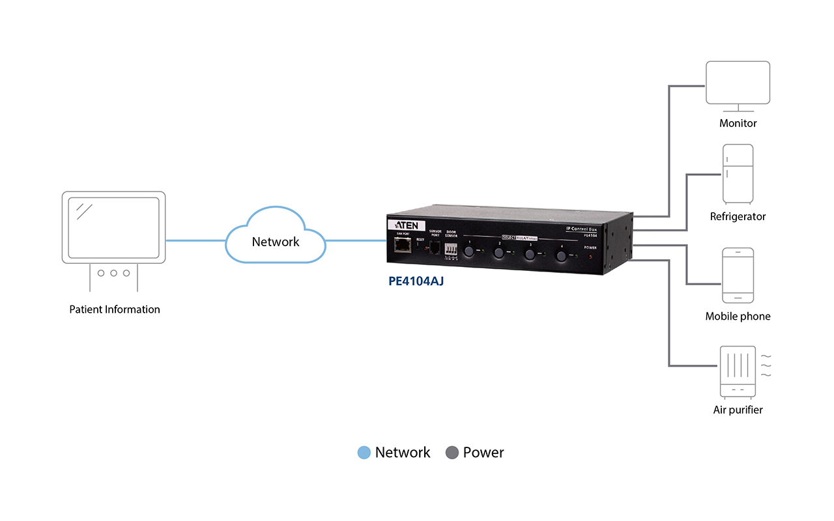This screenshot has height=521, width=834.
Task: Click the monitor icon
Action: pos(738,85)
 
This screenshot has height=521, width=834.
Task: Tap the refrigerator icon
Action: pos(738,173)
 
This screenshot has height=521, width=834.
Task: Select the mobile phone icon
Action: pos(738,275)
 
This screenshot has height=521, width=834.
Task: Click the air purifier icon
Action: pos(738,371)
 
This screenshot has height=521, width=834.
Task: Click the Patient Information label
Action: pos(115,309)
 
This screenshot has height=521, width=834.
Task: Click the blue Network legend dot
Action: pos(364,453)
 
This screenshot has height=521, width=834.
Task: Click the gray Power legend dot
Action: pos(452,453)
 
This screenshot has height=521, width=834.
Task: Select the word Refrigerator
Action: pos(738,216)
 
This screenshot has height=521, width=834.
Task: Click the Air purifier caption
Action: pos(738,410)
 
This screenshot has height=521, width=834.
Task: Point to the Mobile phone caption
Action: pos(738,317)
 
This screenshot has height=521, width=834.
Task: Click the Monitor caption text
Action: pos(738,123)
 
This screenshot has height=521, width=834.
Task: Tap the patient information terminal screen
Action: pos(114,227)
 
